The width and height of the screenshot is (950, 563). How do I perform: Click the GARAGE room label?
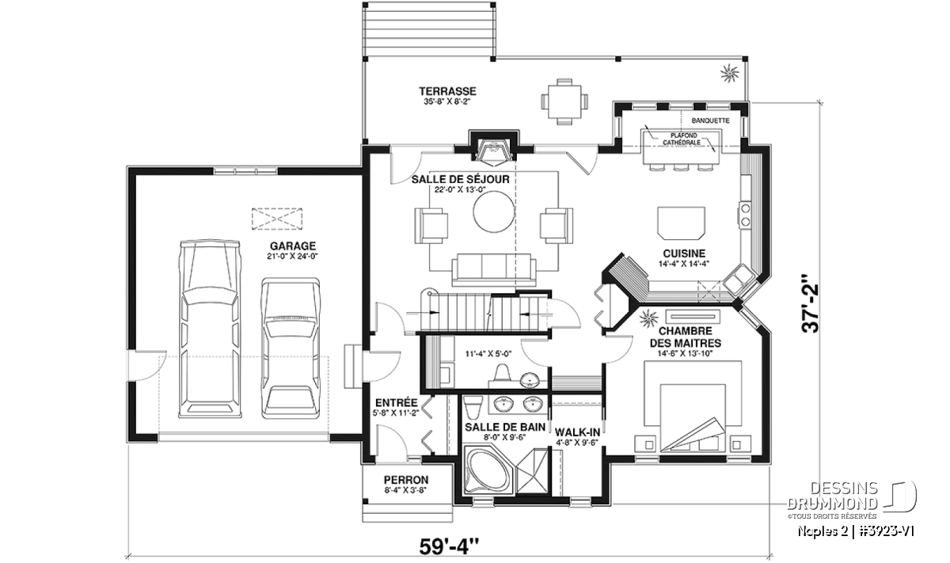(293, 246)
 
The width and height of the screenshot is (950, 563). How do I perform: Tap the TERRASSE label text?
(447, 91)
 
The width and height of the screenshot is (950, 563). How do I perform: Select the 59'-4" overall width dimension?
(450, 546)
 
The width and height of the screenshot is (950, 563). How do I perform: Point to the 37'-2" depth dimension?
(810, 303)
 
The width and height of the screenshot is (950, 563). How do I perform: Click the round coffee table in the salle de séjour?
(494, 211)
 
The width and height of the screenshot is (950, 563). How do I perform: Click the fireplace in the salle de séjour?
(493, 149)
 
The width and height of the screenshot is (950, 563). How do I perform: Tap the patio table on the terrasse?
(564, 101)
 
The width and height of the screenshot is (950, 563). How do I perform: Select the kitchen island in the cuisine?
(681, 223)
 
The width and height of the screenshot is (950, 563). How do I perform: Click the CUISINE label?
(684, 253)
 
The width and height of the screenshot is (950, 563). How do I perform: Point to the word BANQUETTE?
(710, 120)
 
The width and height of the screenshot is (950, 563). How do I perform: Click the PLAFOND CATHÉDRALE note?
(682, 139)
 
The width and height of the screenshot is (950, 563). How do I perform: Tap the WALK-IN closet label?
(577, 432)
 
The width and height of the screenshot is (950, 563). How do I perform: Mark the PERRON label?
(406, 480)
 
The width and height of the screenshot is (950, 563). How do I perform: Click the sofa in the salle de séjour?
(494, 270)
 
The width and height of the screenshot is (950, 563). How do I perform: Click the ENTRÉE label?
(396, 402)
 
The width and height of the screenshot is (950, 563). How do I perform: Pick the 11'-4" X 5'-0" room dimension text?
(488, 354)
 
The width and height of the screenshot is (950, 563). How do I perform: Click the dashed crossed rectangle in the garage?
(277, 219)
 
